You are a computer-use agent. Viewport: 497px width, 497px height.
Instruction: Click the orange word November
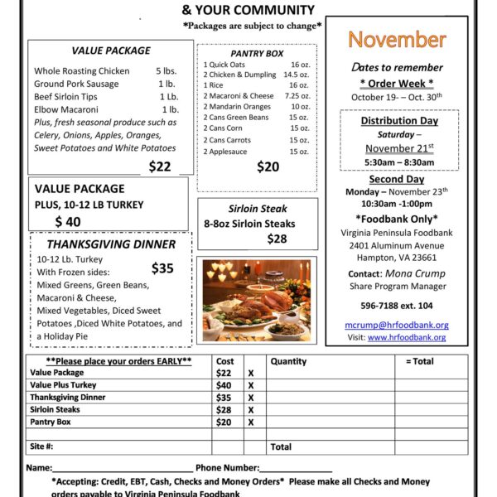(397, 40)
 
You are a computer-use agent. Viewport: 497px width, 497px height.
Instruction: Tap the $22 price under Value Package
(160, 166)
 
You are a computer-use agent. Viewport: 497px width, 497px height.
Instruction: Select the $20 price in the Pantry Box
(268, 166)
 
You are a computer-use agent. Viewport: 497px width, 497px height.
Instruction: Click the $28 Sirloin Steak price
(277, 239)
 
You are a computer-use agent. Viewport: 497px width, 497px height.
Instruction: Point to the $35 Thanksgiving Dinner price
(163, 268)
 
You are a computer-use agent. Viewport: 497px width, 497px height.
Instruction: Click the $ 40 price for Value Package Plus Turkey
(68, 221)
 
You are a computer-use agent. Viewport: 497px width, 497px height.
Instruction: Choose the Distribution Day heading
(399, 121)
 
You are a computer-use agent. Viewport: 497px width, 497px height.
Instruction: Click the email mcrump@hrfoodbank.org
(397, 326)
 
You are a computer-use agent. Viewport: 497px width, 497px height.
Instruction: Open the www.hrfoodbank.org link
(408, 337)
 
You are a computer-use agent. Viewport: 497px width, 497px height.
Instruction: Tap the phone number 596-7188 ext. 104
(397, 305)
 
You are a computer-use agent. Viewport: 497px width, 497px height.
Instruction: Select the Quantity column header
(288, 361)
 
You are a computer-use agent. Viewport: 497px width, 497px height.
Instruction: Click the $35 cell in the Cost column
(224, 398)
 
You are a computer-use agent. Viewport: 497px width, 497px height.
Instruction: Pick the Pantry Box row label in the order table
(51, 422)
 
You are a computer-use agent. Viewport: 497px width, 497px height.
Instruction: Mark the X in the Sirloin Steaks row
(250, 410)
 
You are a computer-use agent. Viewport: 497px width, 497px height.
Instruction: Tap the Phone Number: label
(228, 468)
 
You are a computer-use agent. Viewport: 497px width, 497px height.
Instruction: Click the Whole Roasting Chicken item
(82, 71)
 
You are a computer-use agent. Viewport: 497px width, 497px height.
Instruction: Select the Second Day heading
(397, 179)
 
